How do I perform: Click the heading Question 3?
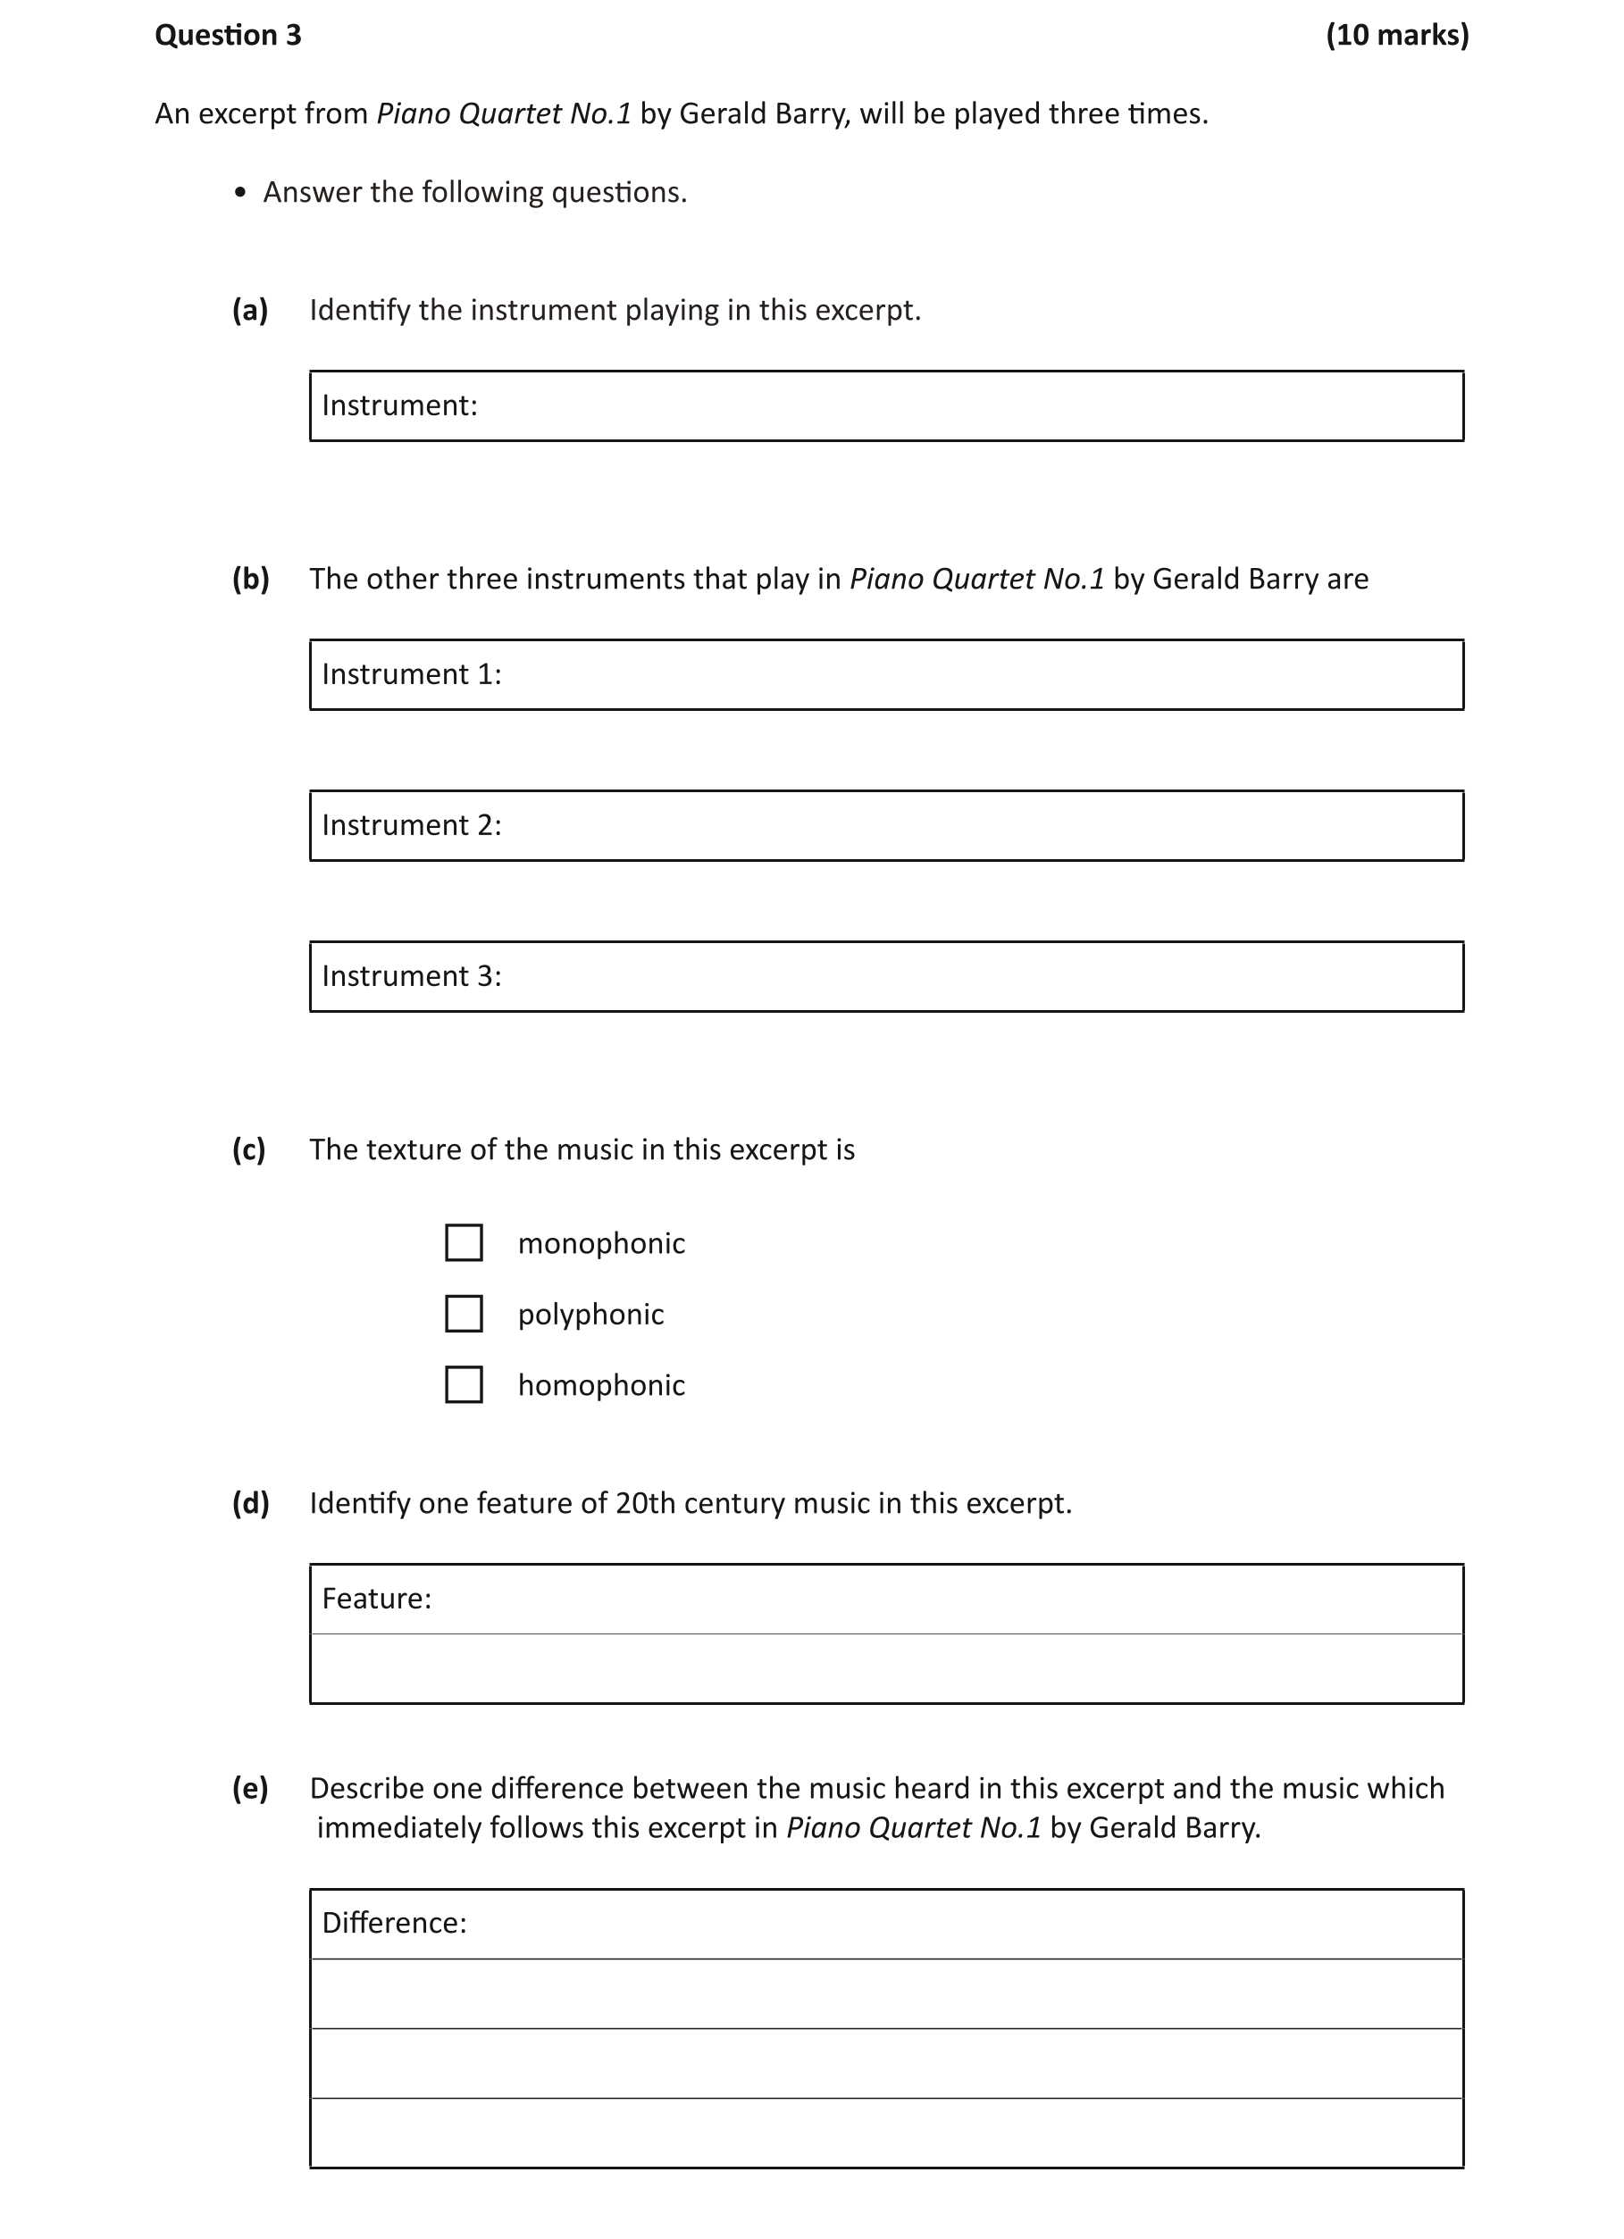pyautogui.click(x=228, y=36)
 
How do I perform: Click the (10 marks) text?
pyautogui.click(x=1396, y=36)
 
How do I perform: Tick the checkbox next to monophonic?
pyautogui.click(x=464, y=1243)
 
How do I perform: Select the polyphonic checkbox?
pyautogui.click(x=464, y=1314)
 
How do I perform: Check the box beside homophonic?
pyautogui.click(x=464, y=1385)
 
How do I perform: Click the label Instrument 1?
pyautogui.click(x=412, y=674)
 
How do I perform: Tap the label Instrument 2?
pyautogui.click(x=412, y=825)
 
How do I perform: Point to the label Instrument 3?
pyautogui.click(x=412, y=976)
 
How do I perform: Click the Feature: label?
pyautogui.click(x=376, y=1599)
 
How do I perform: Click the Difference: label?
pyautogui.click(x=394, y=1922)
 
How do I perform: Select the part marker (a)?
pyautogui.click(x=250, y=310)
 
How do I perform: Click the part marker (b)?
pyautogui.click(x=251, y=579)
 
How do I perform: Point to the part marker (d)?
pyautogui.click(x=251, y=1503)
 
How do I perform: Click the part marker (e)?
pyautogui.click(x=250, y=1788)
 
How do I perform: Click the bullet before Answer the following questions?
pyautogui.click(x=240, y=194)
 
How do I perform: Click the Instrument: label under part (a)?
pyautogui.click(x=398, y=405)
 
